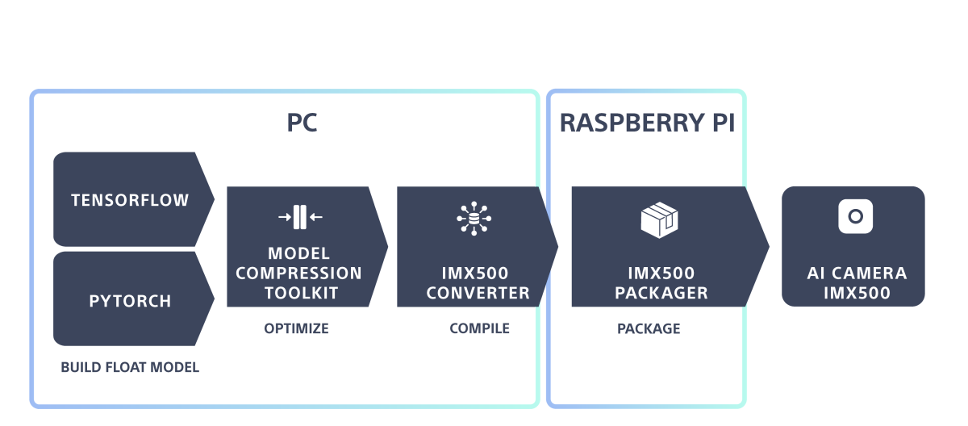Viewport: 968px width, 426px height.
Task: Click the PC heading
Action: pyautogui.click(x=302, y=123)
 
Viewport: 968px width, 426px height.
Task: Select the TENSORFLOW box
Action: pyautogui.click(x=130, y=200)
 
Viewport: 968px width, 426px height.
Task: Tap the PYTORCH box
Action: pyautogui.click(x=130, y=302)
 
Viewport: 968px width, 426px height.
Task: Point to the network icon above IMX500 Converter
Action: pyautogui.click(x=474, y=218)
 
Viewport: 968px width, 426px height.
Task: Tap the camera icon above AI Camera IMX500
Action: pyautogui.click(x=855, y=216)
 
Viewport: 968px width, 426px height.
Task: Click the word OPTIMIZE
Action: pyautogui.click(x=297, y=329)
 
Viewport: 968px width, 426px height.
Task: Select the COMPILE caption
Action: pyautogui.click(x=479, y=329)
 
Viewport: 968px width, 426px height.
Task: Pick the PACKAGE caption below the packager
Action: pyautogui.click(x=649, y=329)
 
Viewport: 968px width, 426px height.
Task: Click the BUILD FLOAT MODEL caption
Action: pyautogui.click(x=130, y=368)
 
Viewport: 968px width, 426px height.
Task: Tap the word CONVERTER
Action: pyautogui.click(x=478, y=293)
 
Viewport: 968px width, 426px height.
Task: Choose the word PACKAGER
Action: pyautogui.click(x=661, y=293)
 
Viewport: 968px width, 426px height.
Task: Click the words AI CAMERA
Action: pyautogui.click(x=857, y=274)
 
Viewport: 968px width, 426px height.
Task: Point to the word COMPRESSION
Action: pyautogui.click(x=298, y=274)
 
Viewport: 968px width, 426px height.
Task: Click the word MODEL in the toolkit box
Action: pyautogui.click(x=299, y=255)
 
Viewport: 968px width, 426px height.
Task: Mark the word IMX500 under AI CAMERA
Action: pyautogui.click(x=857, y=293)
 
